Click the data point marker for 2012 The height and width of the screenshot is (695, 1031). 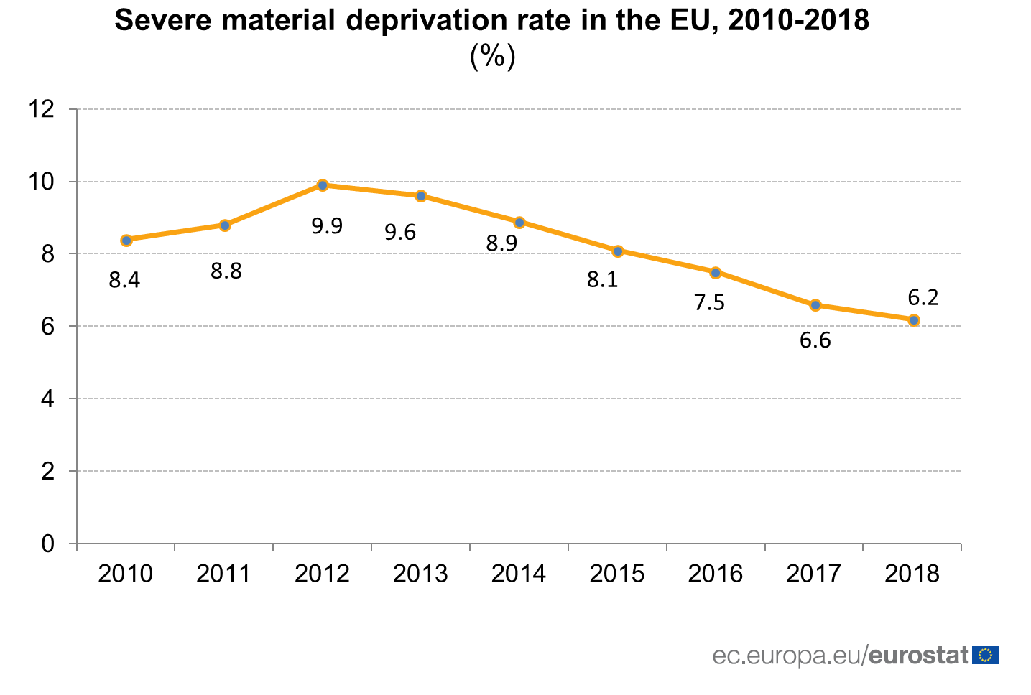click(323, 185)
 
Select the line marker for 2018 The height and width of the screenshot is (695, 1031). click(913, 320)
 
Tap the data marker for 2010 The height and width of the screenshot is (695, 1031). click(126, 240)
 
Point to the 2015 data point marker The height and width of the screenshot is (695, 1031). click(618, 251)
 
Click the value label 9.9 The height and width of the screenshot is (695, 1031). click(327, 226)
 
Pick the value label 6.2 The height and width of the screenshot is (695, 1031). click(923, 297)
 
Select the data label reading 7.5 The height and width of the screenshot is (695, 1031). click(709, 303)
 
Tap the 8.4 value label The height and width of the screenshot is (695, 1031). click(124, 280)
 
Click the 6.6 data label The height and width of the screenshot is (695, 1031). click(815, 340)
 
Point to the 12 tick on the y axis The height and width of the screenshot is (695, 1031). click(41, 109)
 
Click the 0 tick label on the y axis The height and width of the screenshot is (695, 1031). click(48, 544)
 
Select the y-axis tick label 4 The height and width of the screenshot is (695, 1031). click(48, 398)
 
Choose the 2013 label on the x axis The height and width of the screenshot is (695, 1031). click(420, 574)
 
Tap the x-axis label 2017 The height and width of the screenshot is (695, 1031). click(814, 574)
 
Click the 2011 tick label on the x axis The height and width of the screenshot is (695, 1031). click(223, 574)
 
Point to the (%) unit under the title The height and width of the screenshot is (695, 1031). click(492, 56)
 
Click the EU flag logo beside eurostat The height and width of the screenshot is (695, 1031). click(985, 655)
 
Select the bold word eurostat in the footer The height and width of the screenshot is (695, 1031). click(919, 655)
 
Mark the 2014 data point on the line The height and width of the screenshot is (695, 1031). click(519, 222)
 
